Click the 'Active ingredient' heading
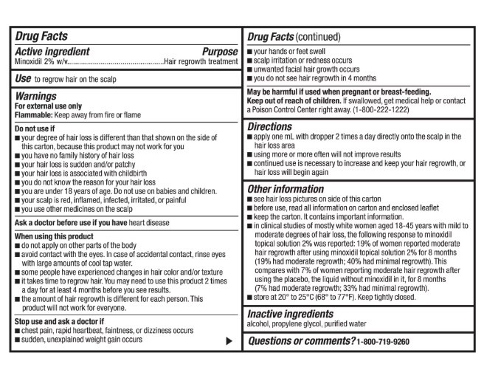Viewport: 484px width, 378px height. tap(52, 52)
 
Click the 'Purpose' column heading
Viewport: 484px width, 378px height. tap(220, 52)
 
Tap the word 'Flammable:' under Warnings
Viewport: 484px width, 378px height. tap(33, 115)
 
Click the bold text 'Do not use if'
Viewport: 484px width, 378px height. tap(37, 128)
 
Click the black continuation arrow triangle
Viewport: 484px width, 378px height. tap(229, 340)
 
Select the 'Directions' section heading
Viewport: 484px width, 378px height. tap(270, 127)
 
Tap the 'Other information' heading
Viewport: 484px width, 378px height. tap(286, 188)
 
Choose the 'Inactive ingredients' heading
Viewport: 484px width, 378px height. tap(291, 315)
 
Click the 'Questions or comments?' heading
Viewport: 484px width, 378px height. tap(300, 341)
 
